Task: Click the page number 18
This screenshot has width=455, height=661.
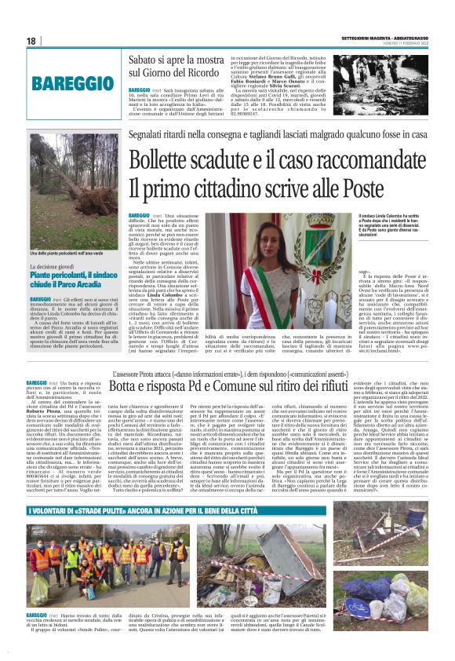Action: pos(31,41)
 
